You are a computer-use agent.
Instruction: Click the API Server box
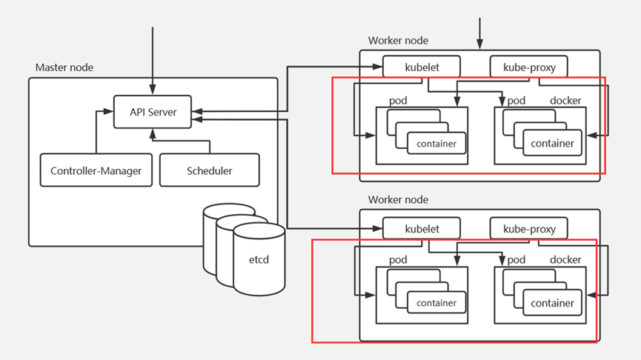click(153, 112)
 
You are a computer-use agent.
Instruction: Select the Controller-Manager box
click(96, 170)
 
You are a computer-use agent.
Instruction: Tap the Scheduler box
click(210, 170)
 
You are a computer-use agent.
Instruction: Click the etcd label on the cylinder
click(259, 261)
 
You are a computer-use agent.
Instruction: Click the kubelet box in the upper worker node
click(422, 67)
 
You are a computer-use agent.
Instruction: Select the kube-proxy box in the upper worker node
click(529, 67)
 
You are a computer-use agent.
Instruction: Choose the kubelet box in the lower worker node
click(422, 229)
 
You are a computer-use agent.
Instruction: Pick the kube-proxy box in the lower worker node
click(529, 229)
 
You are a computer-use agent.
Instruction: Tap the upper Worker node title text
click(398, 40)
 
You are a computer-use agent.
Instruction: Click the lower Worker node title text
click(398, 200)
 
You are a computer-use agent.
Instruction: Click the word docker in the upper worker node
click(565, 100)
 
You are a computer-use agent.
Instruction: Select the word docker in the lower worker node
click(565, 260)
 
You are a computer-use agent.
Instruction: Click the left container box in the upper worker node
click(436, 143)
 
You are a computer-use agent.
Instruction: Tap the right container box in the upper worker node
click(552, 143)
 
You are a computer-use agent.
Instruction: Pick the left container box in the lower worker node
click(436, 303)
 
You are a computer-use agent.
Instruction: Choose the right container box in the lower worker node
click(552, 303)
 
